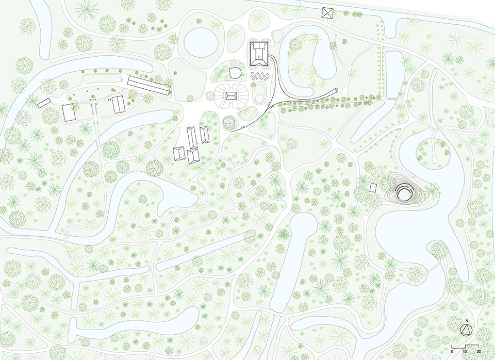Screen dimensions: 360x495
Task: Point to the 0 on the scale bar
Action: tap(452, 351)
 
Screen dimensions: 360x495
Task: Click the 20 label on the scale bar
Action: tap(478, 351)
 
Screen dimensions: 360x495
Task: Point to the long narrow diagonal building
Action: tap(150, 85)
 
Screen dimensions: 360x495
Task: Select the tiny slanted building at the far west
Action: tap(44, 103)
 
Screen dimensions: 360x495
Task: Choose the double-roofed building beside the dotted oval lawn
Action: tap(119, 105)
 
